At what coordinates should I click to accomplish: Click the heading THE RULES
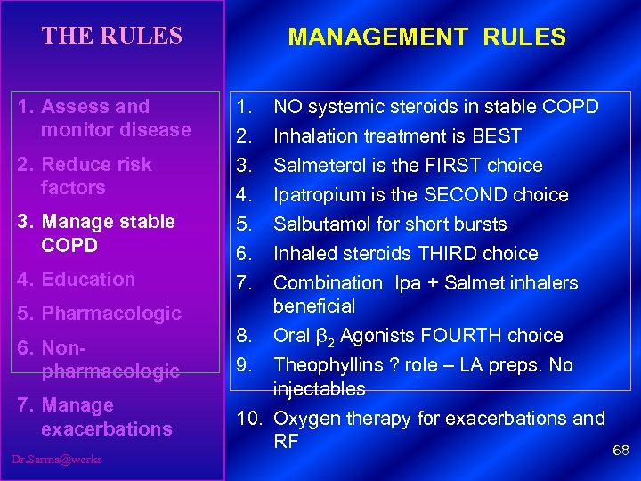(111, 36)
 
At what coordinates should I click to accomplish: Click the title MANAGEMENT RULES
(426, 37)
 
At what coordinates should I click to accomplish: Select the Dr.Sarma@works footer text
(57, 460)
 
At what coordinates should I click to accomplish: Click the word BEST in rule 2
(499, 136)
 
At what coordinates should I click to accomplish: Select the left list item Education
(88, 280)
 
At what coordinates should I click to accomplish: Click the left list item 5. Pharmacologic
(99, 314)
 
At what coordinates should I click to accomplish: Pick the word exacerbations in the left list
(106, 429)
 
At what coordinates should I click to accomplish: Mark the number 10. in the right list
(251, 419)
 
